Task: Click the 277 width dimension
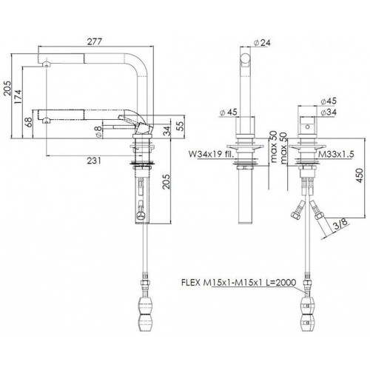tap(95, 41)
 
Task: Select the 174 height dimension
tap(18, 97)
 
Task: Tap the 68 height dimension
tap(29, 122)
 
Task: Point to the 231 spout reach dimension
tap(94, 161)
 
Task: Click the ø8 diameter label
tap(98, 131)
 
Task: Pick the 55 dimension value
tap(181, 127)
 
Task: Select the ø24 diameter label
tap(262, 43)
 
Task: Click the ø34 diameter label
tap(329, 112)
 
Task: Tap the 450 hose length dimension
tap(360, 175)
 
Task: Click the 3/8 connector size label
tap(341, 225)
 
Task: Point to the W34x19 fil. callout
tap(211, 155)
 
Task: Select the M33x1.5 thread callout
tap(336, 155)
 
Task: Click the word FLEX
tap(191, 282)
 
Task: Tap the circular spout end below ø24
tap(246, 58)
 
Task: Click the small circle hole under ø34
tap(307, 127)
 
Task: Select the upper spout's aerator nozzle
tap(47, 64)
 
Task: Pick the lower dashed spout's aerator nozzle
tap(46, 121)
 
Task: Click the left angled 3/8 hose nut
tap(295, 215)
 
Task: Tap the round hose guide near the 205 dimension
tap(141, 215)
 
